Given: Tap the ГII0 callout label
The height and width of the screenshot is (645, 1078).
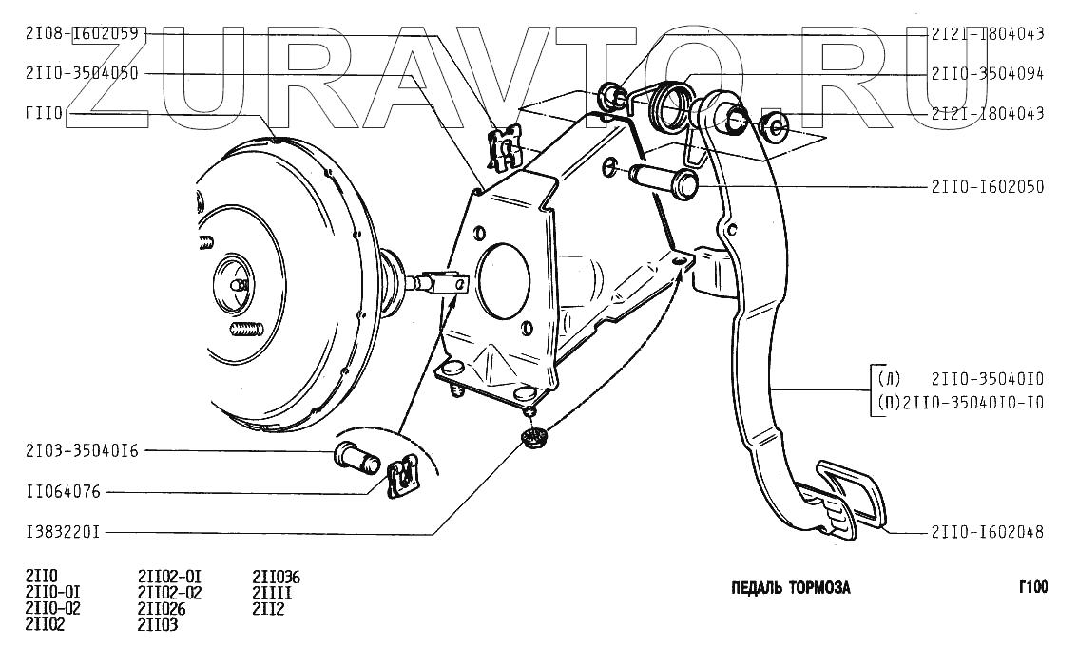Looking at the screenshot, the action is point(44,113).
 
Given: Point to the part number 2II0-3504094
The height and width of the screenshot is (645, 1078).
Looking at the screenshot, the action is point(988,73).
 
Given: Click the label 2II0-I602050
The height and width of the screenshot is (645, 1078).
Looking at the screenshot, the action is point(988,187).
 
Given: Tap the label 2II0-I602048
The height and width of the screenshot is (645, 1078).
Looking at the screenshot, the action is point(988,532).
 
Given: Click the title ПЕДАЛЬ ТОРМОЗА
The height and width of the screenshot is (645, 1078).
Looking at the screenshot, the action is point(791,587).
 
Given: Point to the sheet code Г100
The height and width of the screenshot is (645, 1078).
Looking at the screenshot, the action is point(1032,587).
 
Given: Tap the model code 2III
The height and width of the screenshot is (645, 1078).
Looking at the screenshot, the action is point(272,593).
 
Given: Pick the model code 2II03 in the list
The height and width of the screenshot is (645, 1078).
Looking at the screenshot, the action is point(158,624).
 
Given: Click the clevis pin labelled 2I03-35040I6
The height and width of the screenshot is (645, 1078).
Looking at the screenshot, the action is point(357,458).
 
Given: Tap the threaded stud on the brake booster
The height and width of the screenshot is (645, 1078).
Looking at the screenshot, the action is point(245,332).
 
